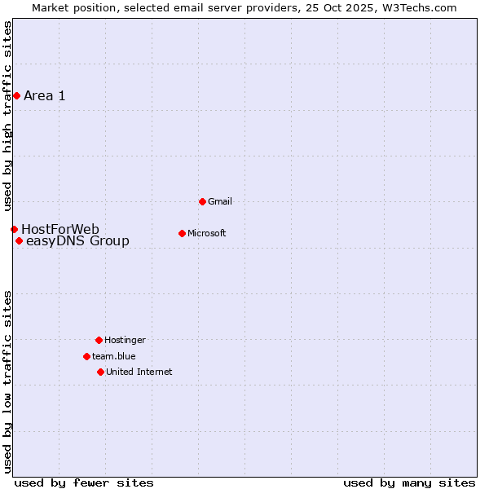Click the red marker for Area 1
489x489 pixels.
16,96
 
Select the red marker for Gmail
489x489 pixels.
202,201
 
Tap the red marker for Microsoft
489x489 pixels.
182,233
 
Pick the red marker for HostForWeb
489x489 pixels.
14,229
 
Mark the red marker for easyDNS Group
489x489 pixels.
19,240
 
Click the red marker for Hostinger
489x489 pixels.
99,340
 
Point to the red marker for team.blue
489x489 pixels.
86,356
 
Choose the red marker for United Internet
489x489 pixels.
100,372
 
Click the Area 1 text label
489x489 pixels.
45,96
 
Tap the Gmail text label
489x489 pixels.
220,201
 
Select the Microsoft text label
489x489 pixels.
207,233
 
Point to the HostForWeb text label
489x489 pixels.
60,229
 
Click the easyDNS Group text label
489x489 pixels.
77,240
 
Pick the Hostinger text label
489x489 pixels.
125,340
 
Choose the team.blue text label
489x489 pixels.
114,356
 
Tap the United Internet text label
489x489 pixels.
139,372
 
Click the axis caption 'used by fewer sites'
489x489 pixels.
84,482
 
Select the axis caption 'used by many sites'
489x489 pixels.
409,482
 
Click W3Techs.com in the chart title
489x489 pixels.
419,7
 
